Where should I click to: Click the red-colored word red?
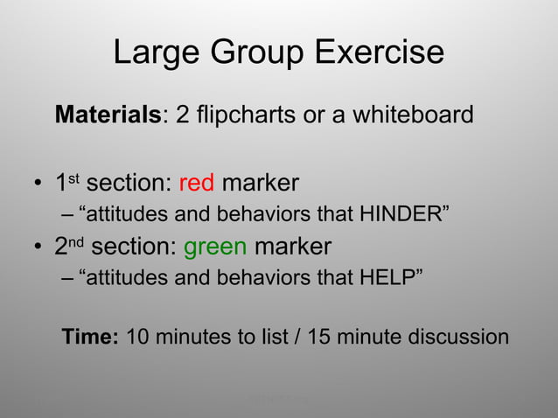click(197, 184)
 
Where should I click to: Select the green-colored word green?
click(215, 247)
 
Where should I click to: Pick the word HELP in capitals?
click(385, 277)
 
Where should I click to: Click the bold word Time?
click(89, 337)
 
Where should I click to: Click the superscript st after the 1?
click(75, 178)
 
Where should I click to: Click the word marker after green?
click(293, 247)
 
